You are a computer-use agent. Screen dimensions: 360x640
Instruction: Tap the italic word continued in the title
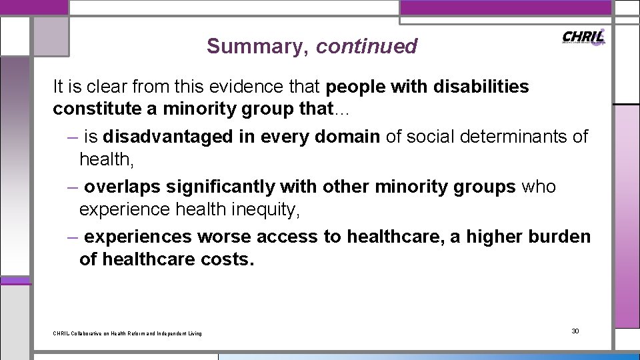(x=367, y=46)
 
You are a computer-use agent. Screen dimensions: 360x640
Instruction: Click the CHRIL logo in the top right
(x=584, y=37)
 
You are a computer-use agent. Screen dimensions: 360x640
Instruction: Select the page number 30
(x=575, y=331)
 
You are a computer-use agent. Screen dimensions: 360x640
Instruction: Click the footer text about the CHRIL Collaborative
(x=127, y=333)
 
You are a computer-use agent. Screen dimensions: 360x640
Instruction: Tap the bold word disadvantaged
(x=171, y=137)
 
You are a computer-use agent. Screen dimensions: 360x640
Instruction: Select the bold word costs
(x=227, y=259)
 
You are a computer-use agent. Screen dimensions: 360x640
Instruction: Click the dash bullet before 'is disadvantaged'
(x=73, y=137)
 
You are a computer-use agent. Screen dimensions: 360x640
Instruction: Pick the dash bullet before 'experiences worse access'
(x=73, y=237)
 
